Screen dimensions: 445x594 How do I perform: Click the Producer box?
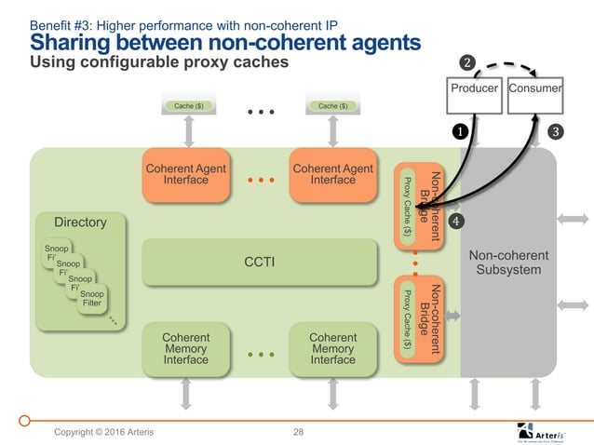475,88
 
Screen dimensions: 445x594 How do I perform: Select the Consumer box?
535,88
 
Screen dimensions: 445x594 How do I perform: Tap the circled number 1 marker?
460,131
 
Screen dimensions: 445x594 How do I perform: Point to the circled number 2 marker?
468,62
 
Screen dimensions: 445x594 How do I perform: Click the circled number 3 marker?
555,131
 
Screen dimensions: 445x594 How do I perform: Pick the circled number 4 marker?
456,221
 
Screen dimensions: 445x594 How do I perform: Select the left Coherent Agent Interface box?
185,174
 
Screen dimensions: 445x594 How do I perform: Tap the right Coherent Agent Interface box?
332,174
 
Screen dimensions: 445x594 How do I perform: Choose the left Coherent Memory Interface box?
185,348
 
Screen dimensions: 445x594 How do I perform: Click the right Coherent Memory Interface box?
332,348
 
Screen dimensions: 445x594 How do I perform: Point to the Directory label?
80,222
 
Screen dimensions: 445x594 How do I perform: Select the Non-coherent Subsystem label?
507,263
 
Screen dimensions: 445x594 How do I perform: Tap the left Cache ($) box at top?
187,106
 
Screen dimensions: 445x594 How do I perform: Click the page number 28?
299,431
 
